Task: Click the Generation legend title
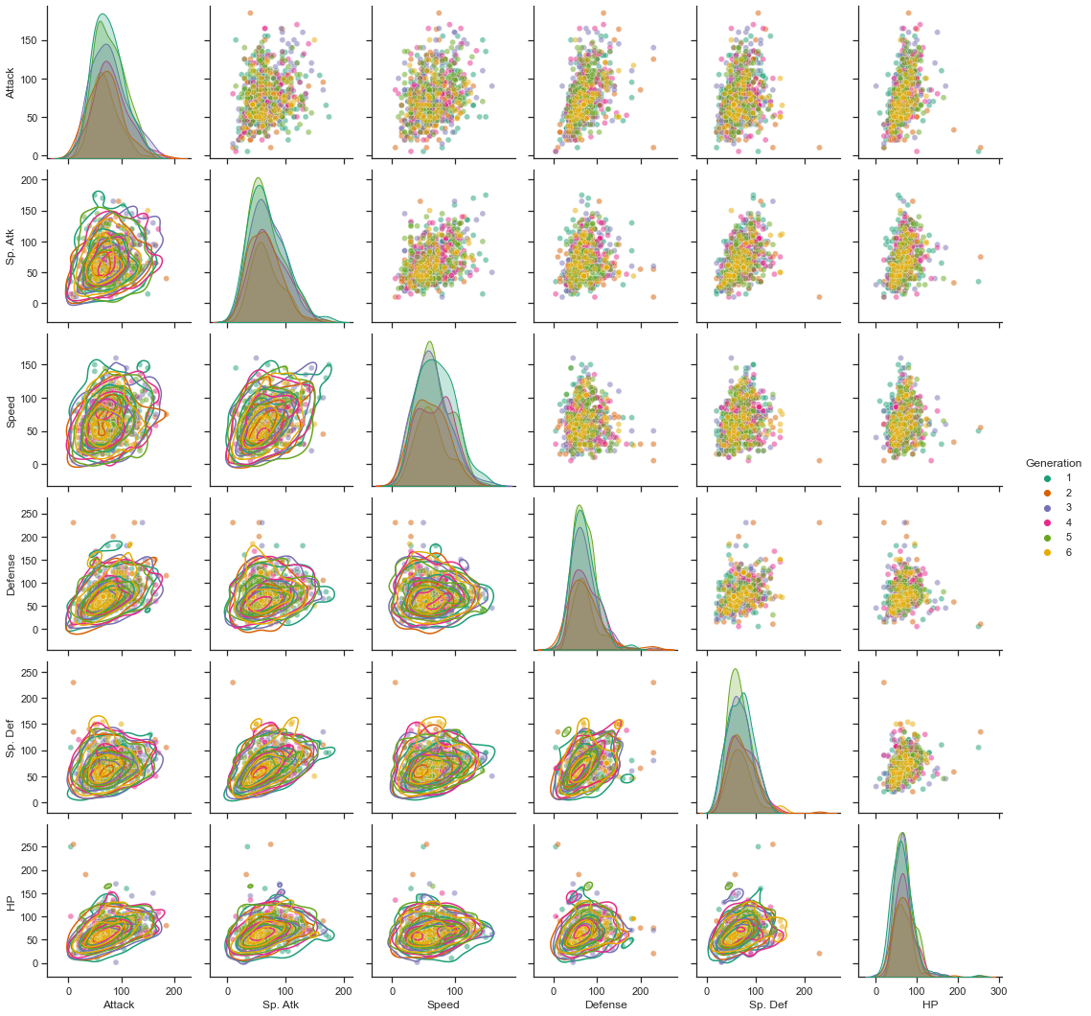(1053, 463)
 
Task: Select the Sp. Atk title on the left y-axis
(11, 247)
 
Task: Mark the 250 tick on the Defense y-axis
(28, 514)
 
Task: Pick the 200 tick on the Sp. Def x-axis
(803, 986)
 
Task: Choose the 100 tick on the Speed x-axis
(455, 986)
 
